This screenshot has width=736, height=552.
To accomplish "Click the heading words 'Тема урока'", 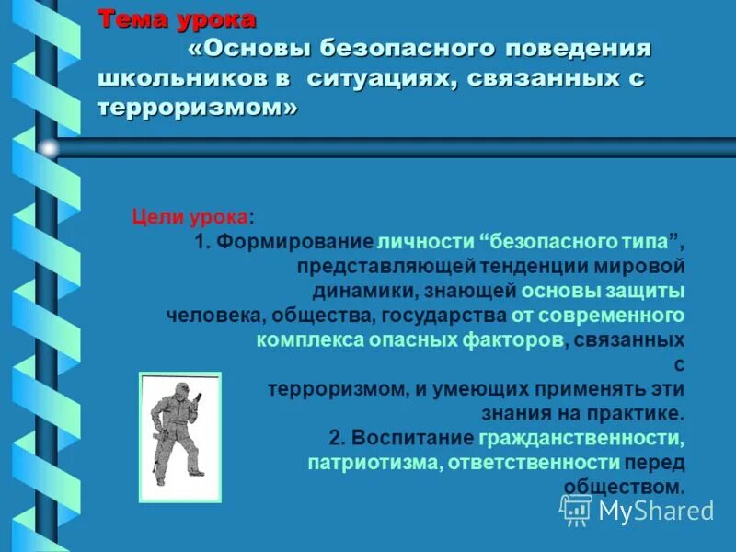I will (x=177, y=18).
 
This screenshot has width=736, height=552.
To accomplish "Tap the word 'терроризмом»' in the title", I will (x=198, y=108).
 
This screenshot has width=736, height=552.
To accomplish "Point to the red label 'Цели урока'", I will (x=190, y=218).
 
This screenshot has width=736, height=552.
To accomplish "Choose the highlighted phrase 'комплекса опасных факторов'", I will (x=409, y=339).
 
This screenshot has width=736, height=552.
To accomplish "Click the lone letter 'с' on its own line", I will (x=680, y=364).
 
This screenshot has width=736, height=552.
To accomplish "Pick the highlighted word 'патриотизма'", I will (x=374, y=462).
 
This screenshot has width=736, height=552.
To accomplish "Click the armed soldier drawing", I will (x=179, y=436).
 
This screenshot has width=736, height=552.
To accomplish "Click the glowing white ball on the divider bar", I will (x=48, y=147).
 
